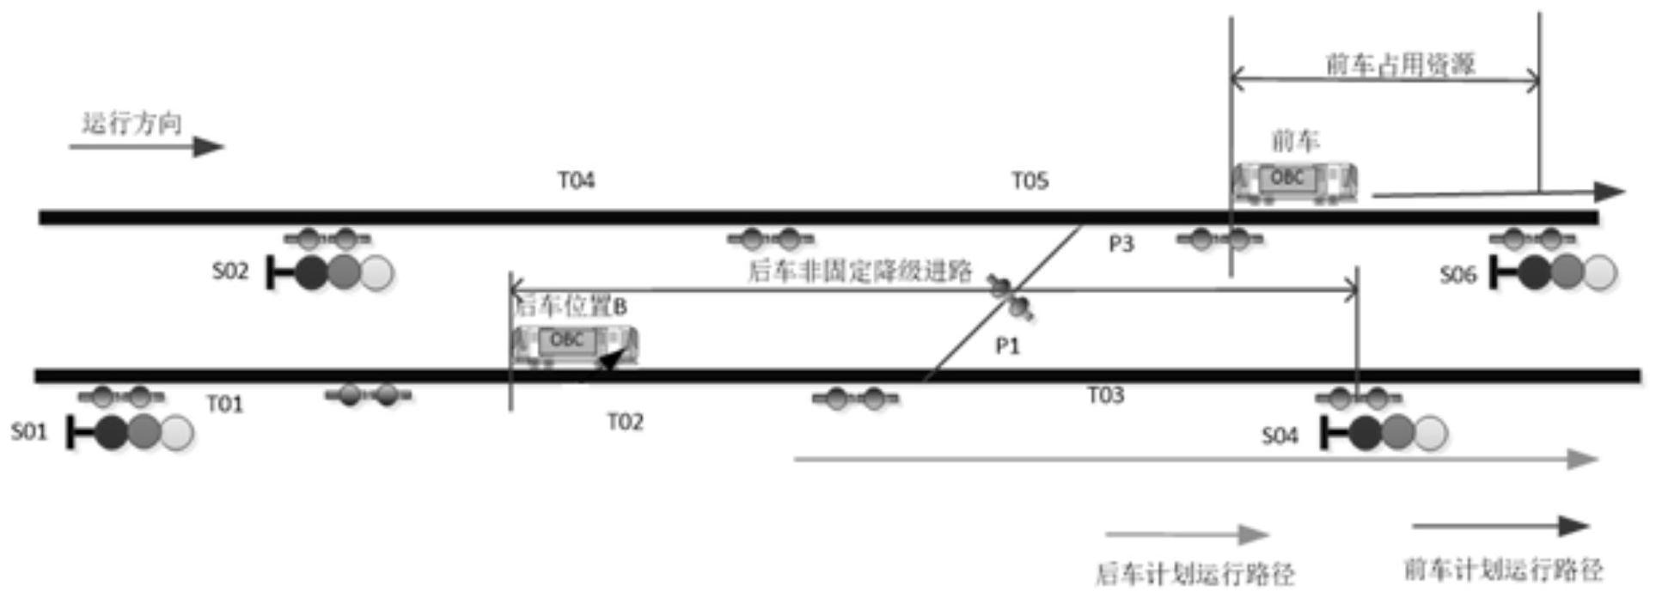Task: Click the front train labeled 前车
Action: pos(1294,182)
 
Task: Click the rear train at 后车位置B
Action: pos(574,345)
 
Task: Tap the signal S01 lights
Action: pos(143,432)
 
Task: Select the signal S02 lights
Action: pos(343,272)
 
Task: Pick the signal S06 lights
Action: pos(1566,272)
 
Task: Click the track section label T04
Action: pos(576,180)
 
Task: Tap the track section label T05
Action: pos(1029,180)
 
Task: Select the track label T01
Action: pos(225,404)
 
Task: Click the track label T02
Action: pos(625,422)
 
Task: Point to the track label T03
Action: pos(1105,395)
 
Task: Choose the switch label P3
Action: pos(1121,245)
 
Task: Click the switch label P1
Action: pos(1007,346)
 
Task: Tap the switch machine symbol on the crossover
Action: pos(1011,296)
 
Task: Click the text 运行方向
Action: pos(132,124)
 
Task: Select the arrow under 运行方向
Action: pos(146,147)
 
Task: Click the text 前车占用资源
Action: pos(1401,64)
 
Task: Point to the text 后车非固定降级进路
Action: pos(859,272)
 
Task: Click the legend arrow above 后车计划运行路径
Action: pos(1187,534)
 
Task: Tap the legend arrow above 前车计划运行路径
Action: pos(1500,526)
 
